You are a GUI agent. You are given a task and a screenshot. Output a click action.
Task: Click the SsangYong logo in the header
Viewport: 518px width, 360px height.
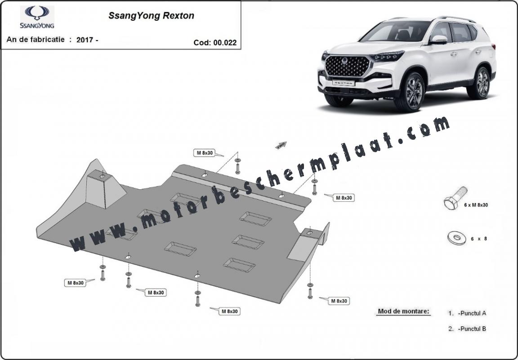[37, 17]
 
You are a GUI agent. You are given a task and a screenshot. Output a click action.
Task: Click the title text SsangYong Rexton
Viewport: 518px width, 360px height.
[151, 16]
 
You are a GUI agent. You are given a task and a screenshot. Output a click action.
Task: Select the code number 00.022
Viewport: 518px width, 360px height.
[225, 43]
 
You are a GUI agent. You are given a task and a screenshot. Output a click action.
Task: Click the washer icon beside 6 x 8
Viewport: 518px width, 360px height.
[457, 237]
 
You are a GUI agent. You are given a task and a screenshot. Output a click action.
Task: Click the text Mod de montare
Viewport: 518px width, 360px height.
[403, 311]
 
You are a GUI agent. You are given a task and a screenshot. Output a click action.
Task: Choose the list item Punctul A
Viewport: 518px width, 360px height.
[467, 313]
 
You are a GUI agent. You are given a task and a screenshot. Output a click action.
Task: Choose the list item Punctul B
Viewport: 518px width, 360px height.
[467, 329]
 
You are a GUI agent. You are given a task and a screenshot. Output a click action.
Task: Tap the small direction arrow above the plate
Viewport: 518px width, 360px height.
[281, 145]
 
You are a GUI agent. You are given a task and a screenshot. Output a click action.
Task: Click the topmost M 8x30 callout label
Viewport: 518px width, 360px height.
[205, 153]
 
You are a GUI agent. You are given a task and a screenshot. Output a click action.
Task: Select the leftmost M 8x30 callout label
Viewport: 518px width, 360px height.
[76, 283]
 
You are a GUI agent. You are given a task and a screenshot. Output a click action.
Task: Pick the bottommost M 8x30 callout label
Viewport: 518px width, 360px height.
[229, 311]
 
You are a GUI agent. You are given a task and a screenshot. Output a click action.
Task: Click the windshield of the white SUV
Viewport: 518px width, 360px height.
[397, 32]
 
